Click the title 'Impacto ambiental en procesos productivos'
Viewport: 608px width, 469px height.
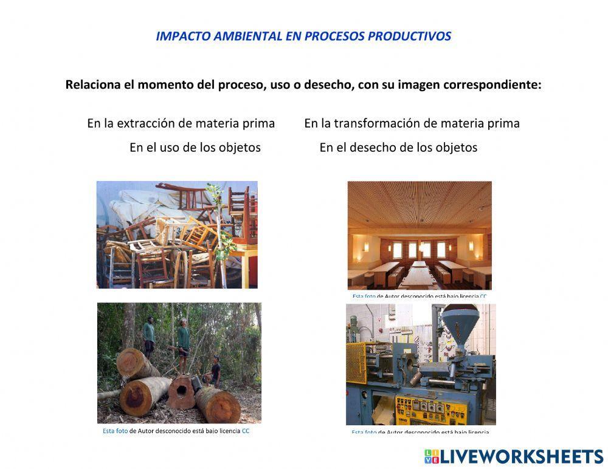click(303, 36)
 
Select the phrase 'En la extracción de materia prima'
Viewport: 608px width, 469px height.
click(181, 123)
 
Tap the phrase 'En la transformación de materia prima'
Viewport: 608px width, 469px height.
click(412, 123)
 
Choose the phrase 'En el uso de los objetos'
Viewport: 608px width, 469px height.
click(195, 147)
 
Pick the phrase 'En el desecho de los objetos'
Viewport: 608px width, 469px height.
click(398, 147)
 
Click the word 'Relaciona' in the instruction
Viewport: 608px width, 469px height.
click(92, 84)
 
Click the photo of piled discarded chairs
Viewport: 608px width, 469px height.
click(177, 235)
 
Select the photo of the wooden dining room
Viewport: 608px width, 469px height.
click(420, 235)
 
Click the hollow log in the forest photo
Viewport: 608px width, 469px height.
click(182, 392)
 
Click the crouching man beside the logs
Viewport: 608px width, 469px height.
click(214, 371)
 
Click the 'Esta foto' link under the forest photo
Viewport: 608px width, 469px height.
click(115, 431)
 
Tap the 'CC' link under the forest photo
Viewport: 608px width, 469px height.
click(246, 431)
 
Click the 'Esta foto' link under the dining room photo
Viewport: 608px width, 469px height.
click(364, 296)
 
